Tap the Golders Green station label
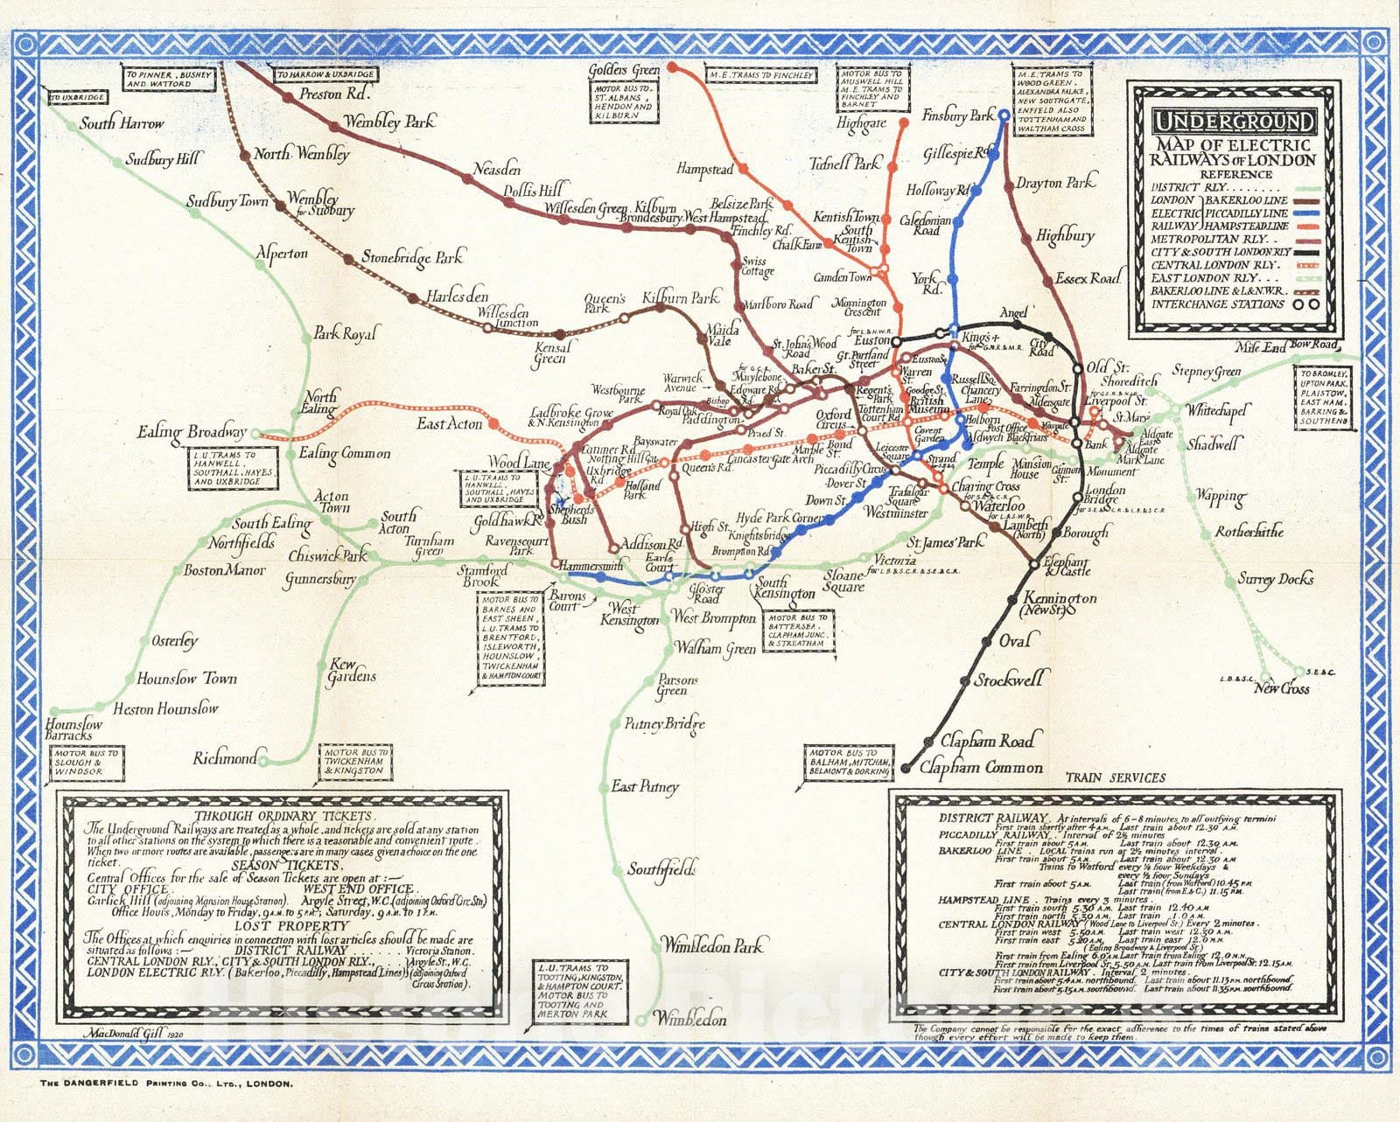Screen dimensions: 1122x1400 click(x=624, y=70)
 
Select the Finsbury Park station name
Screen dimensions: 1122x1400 click(x=958, y=115)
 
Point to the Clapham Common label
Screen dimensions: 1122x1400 click(x=981, y=767)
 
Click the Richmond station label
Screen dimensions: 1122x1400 click(x=226, y=758)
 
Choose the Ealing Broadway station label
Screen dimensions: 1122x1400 click(x=192, y=432)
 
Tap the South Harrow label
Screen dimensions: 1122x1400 click(x=122, y=123)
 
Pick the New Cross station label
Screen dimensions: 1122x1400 click(x=1281, y=688)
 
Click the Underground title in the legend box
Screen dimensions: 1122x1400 click(x=1233, y=122)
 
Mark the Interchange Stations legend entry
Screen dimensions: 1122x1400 click(x=1217, y=304)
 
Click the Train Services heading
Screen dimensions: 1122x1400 click(x=1115, y=777)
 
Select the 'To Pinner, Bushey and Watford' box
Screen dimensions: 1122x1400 click(x=169, y=80)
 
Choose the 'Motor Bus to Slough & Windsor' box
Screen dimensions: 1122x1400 click(x=85, y=763)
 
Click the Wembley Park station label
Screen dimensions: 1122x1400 click(x=388, y=122)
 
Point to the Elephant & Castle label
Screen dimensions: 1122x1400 click(x=1067, y=566)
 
